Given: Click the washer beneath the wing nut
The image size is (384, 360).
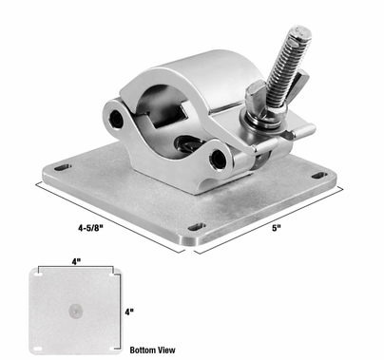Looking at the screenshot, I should [x=261, y=118].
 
